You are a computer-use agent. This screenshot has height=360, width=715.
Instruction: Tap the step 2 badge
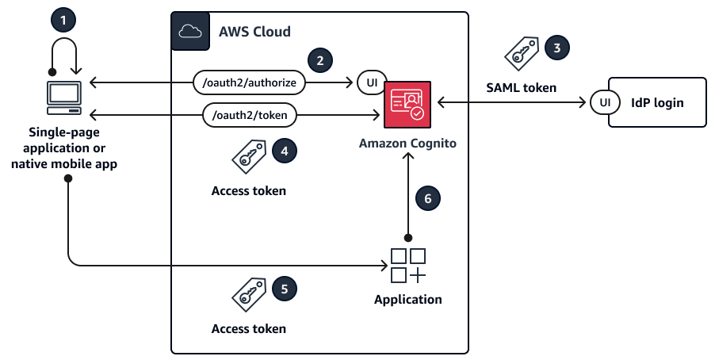[320, 59]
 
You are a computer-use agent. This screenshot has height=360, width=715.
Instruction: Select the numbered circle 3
[557, 48]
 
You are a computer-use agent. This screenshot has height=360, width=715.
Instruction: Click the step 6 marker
[428, 199]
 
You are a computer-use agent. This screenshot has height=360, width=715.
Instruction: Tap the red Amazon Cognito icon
[407, 104]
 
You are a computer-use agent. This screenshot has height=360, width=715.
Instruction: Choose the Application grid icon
[408, 266]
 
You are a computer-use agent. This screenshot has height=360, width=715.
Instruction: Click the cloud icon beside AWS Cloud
[190, 32]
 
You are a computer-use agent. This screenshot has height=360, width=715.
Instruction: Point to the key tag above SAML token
[523, 54]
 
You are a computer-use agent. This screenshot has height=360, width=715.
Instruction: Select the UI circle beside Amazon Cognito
[370, 82]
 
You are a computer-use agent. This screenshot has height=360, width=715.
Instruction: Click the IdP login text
[657, 103]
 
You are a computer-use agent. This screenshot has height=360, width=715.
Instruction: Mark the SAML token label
[521, 87]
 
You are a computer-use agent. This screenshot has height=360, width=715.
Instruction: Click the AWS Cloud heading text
[254, 32]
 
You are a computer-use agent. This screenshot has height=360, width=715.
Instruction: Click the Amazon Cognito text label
[407, 144]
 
